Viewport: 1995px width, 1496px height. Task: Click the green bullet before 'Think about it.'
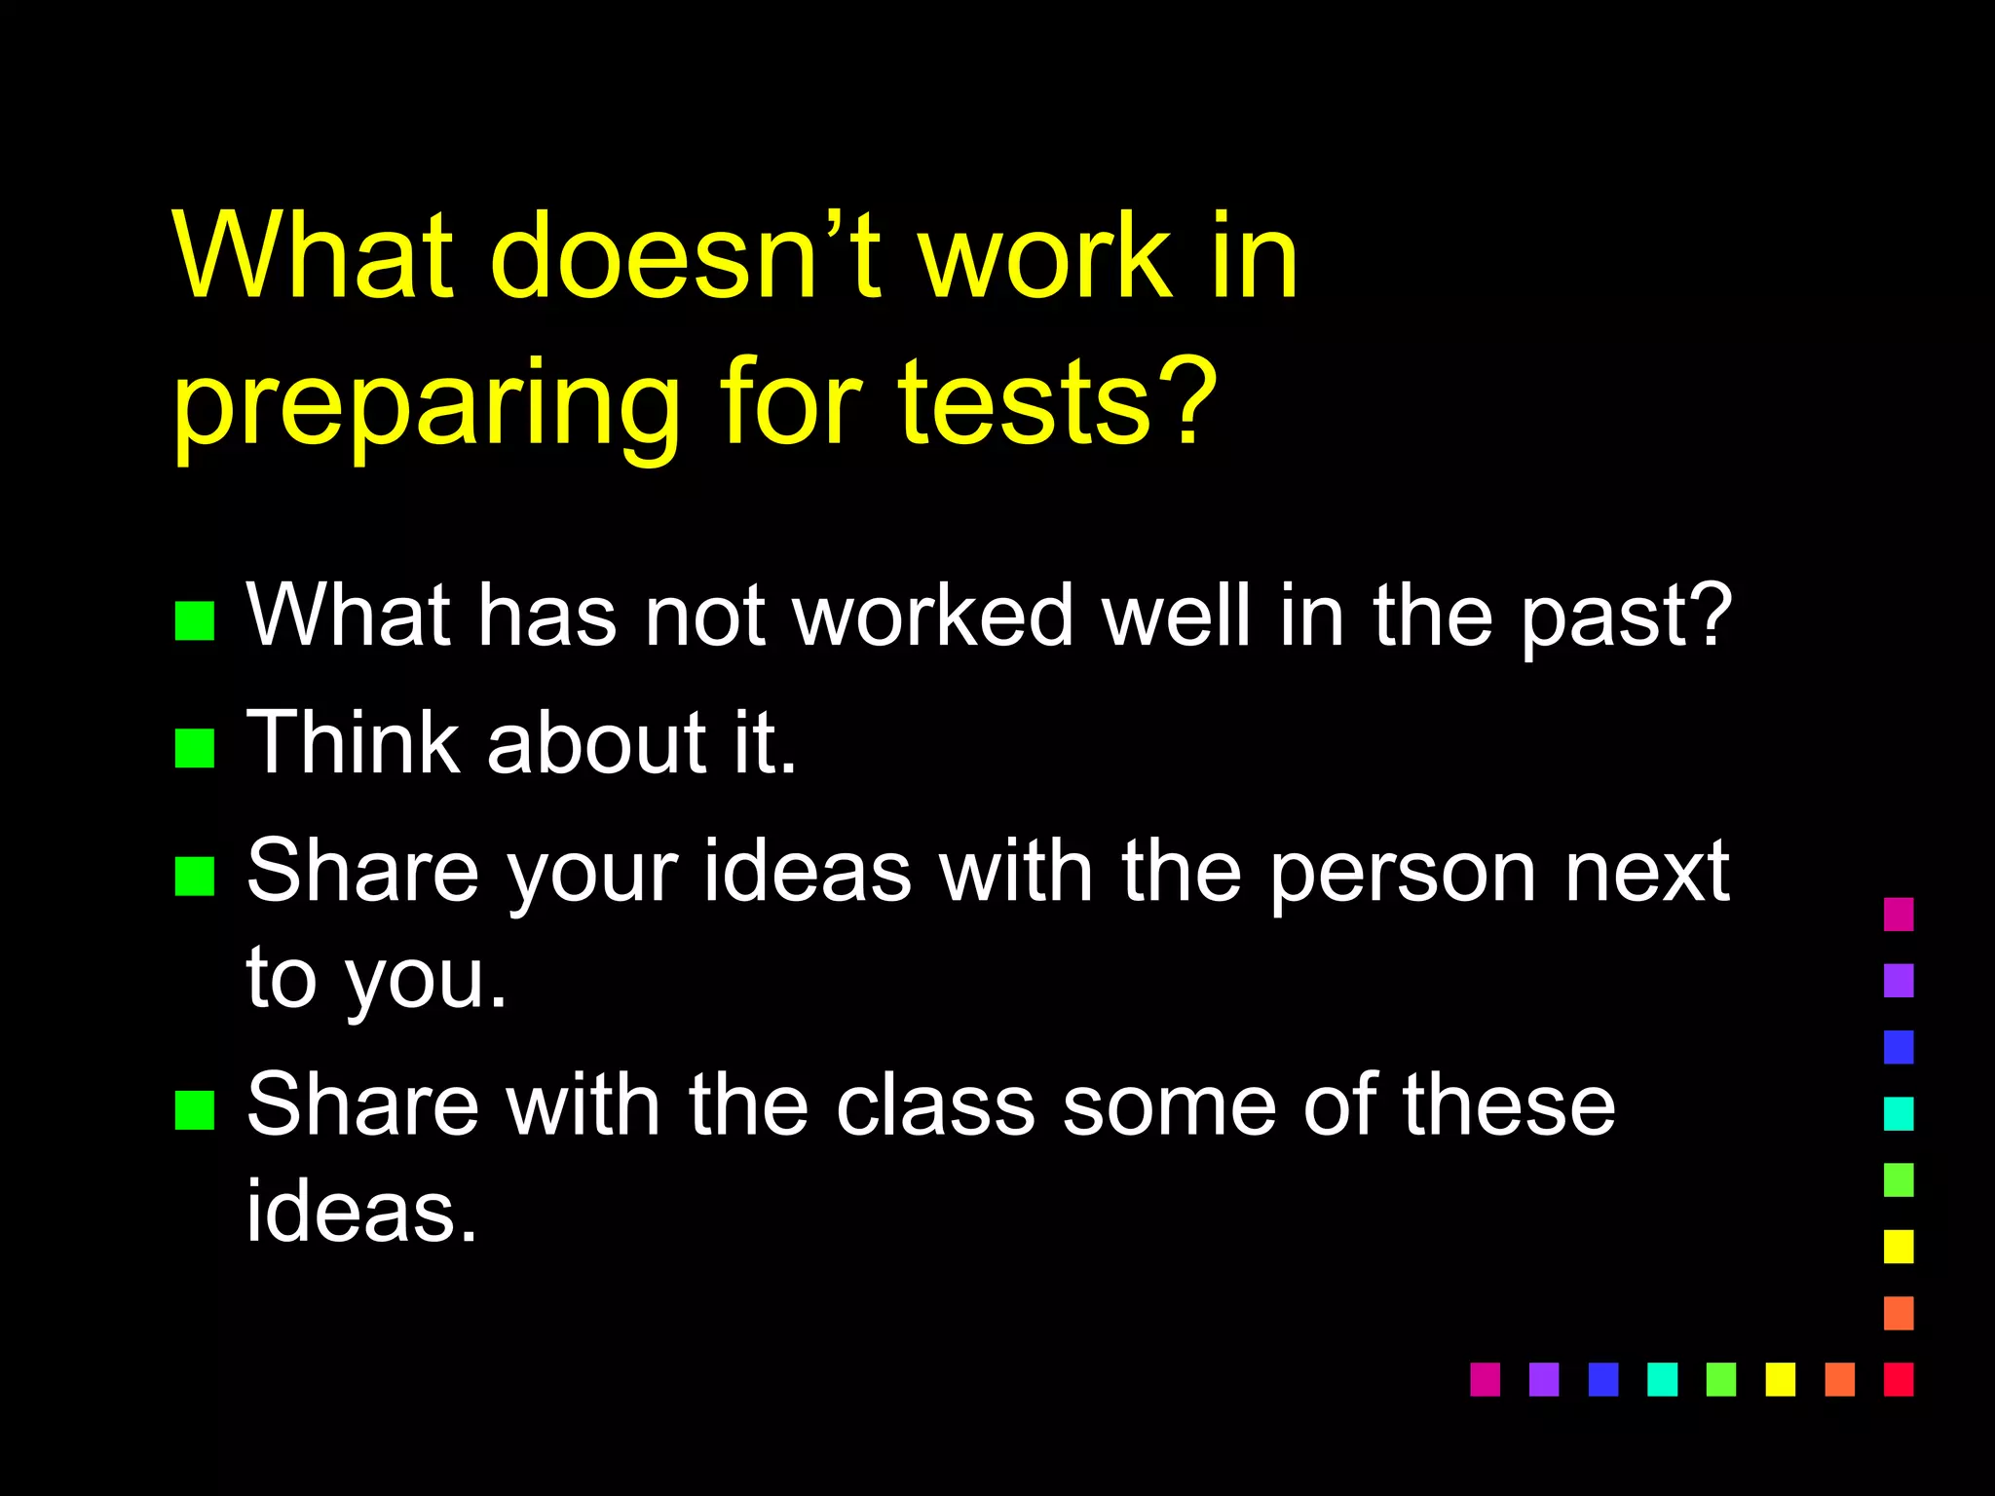tap(194, 748)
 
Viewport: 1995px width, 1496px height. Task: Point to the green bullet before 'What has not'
tap(194, 620)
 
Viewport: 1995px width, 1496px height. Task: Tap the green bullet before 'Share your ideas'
tap(194, 876)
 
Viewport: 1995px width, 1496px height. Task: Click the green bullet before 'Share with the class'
tap(194, 1109)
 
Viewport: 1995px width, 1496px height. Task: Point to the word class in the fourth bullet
tap(935, 1105)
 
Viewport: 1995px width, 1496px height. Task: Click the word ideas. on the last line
tap(361, 1212)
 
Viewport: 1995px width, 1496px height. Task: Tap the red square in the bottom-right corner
tap(1899, 1379)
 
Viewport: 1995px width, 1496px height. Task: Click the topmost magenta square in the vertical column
tap(1899, 914)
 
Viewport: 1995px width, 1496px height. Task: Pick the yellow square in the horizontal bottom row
tap(1780, 1379)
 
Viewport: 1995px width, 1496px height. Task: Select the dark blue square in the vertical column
tap(1899, 1047)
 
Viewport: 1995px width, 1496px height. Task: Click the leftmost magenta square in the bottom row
tap(1485, 1379)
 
